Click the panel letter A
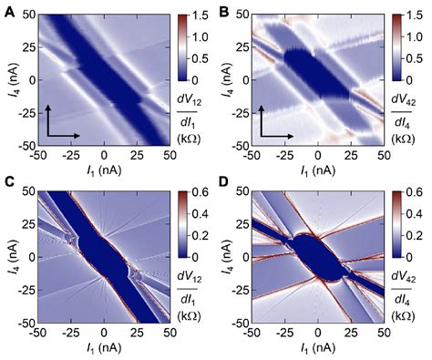click(8, 10)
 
